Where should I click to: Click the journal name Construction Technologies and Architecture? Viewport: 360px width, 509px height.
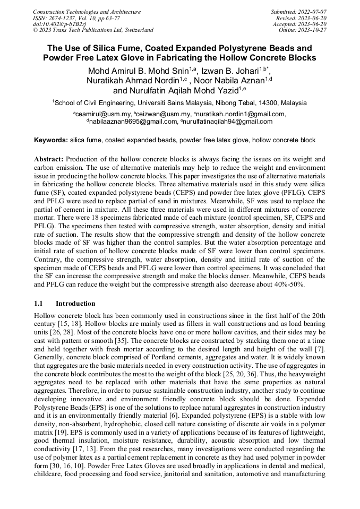coord(87,12)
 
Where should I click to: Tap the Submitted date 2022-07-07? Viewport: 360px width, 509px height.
coord(313,12)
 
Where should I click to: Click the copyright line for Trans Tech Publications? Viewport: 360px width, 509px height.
coord(93,30)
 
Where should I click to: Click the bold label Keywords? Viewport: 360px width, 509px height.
coord(51,140)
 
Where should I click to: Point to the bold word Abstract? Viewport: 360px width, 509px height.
coord(49,159)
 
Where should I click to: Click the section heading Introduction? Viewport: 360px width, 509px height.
coord(75,304)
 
